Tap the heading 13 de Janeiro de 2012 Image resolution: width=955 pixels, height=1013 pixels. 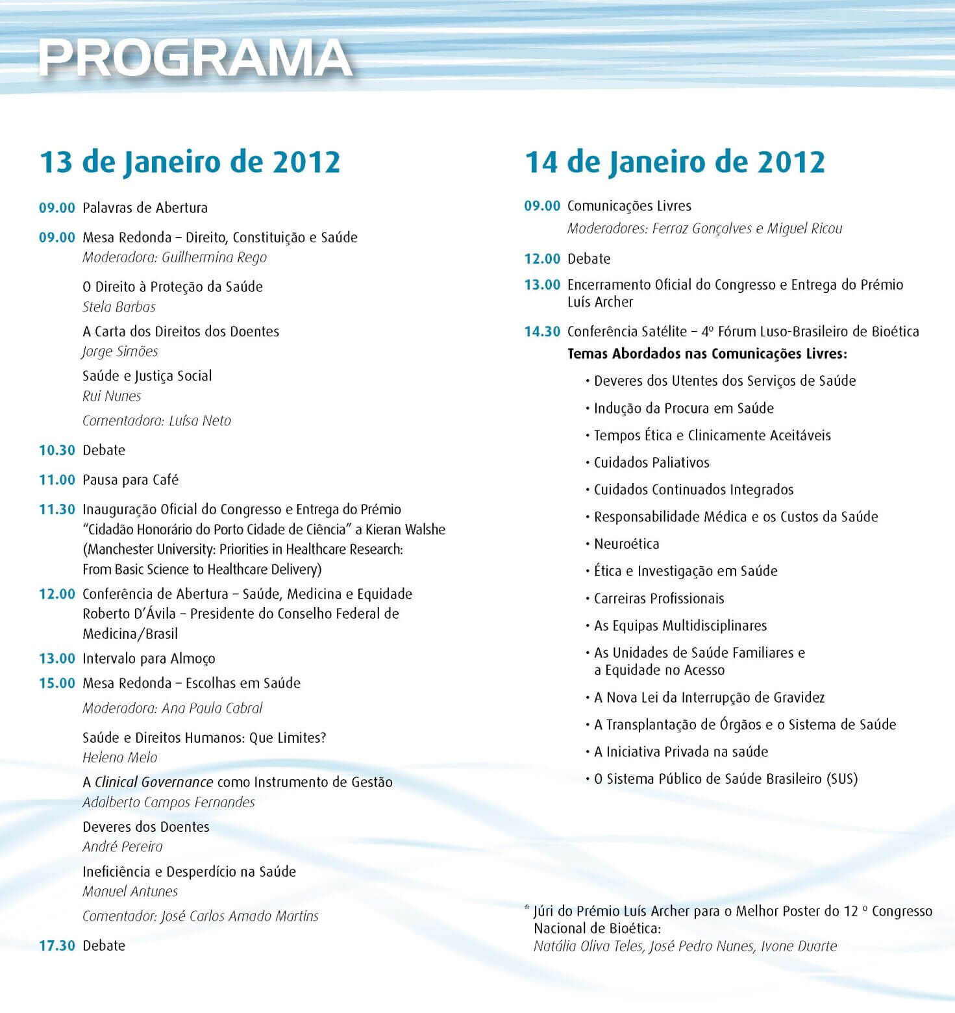point(190,162)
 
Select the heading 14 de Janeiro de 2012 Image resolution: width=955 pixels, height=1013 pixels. point(675,162)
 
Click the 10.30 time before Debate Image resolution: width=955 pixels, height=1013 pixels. point(57,450)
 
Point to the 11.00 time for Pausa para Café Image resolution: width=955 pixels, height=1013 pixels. point(57,480)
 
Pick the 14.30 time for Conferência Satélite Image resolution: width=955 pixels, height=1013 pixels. point(542,331)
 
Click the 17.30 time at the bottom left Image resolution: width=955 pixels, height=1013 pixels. point(57,945)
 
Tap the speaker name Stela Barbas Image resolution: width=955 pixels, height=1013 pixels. point(119,306)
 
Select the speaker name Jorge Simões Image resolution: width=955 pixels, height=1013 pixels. point(120,351)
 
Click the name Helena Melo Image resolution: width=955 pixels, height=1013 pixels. point(119,757)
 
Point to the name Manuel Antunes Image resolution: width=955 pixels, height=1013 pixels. point(130,892)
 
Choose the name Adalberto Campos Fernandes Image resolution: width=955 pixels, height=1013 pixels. point(169,802)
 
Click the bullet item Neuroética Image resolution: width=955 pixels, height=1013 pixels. point(626,544)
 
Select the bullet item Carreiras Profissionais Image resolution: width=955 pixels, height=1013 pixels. point(659,598)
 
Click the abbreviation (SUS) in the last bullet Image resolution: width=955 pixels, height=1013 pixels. point(842,779)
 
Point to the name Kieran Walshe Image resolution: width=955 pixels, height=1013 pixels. point(405,529)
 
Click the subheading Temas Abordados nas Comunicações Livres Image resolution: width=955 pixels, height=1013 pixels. point(707,354)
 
